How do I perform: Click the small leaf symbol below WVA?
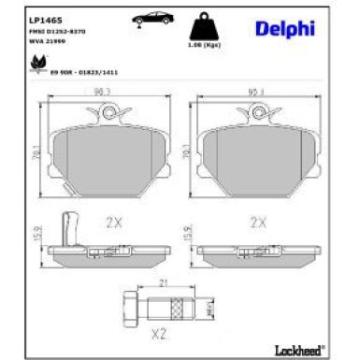tap(40, 62)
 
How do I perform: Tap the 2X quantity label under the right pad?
tap(258, 223)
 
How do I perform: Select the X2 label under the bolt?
tap(159, 334)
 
